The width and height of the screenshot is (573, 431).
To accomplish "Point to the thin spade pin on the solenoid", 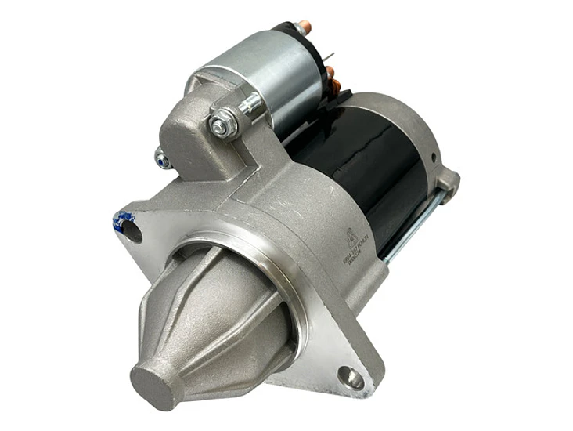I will [x=331, y=56].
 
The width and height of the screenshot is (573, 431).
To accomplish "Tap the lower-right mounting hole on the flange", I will [x=355, y=378].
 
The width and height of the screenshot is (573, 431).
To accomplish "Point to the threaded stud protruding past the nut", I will [x=249, y=104].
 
